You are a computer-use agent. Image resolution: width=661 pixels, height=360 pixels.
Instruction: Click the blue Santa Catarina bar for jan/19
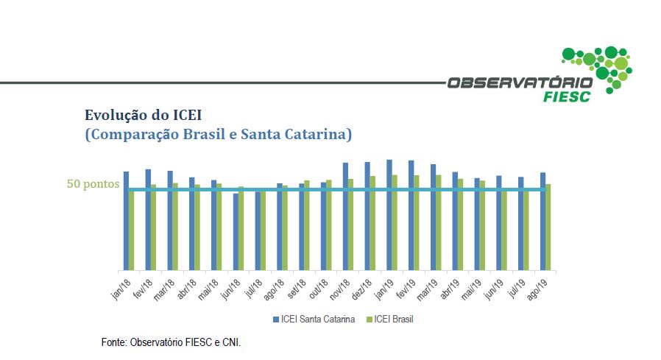click(389, 214)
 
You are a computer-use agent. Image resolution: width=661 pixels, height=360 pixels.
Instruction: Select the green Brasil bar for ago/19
click(548, 227)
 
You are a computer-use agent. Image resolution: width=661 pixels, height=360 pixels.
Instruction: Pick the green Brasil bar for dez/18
click(373, 222)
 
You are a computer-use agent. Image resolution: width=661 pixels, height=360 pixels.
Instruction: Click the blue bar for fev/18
click(148, 219)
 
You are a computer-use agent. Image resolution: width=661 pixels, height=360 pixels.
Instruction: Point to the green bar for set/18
click(307, 225)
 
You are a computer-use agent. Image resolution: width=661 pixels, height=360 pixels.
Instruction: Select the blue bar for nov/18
click(345, 216)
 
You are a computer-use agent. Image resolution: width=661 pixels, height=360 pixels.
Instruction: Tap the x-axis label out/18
click(319, 287)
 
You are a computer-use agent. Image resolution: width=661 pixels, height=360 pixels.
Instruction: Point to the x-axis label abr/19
click(450, 287)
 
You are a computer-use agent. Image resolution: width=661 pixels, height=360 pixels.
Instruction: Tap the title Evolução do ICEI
click(143, 115)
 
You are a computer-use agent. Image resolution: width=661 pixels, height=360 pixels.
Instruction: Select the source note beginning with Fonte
click(171, 343)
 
